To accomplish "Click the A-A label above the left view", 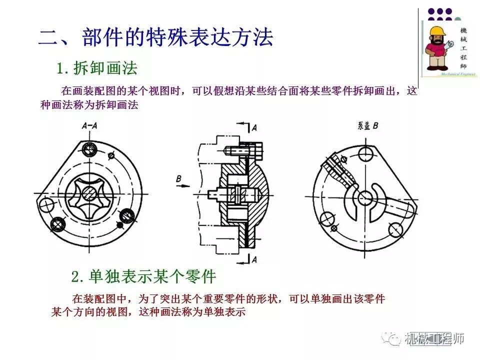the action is click(x=89, y=125).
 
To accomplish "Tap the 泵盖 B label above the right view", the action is click(x=368, y=125).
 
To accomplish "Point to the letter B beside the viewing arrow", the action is click(x=179, y=178).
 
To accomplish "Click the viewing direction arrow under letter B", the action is click(x=183, y=186).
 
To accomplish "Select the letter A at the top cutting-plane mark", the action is click(x=254, y=128).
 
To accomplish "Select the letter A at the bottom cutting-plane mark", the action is click(x=254, y=259).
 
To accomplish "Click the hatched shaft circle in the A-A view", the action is click(x=89, y=193).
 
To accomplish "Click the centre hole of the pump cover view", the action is click(x=364, y=197).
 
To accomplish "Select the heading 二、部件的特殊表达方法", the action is click(x=155, y=37).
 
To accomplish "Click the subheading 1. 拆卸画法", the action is click(x=97, y=68).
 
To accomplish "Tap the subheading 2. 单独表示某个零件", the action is click(x=143, y=276).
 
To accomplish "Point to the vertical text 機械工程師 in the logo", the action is click(x=463, y=48).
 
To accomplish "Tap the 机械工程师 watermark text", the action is click(x=434, y=339).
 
